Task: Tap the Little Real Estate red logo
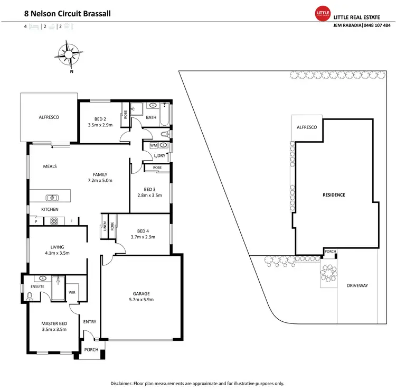point(322,13)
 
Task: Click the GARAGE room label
point(141,294)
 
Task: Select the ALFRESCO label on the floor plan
point(49,117)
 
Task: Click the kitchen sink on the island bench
point(52,198)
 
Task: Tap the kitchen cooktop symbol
point(54,221)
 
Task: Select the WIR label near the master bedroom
point(71,291)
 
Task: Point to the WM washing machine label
point(153,145)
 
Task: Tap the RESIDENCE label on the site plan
point(334,195)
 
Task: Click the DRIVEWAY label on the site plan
point(357,285)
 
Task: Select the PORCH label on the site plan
point(331,252)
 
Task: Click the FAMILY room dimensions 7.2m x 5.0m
point(100,181)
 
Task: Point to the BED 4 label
point(143,230)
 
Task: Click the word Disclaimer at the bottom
point(124,383)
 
